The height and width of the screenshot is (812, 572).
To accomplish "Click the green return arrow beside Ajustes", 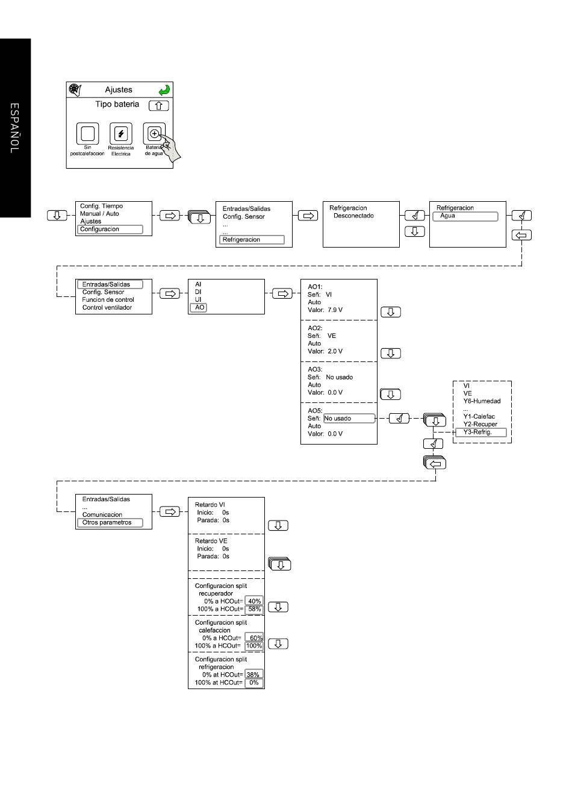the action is coord(164,90).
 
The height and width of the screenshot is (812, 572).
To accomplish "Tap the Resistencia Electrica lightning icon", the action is coord(120,133).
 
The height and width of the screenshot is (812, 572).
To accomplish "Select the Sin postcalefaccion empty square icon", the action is coord(87,133).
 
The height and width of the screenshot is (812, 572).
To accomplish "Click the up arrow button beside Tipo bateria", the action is coord(159,105).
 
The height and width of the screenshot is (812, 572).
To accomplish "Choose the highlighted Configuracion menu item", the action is coord(110,229).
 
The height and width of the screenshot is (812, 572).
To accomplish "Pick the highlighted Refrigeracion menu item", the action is coord(252,240).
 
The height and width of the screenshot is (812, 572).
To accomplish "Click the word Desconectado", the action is coord(353,216).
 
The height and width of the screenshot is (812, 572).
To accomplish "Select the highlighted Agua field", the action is coord(465,216).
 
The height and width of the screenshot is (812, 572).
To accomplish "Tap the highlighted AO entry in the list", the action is coord(198,307).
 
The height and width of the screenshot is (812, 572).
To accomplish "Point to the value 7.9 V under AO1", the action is coord(335,310).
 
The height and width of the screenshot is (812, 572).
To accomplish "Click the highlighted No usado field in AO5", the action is coord(349,418).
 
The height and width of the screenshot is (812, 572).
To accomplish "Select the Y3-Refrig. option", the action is coord(480,432).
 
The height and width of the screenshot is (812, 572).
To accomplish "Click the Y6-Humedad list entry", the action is coord(482,401).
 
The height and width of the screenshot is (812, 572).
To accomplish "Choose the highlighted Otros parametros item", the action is coord(110,522).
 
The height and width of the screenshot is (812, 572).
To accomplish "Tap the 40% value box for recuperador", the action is coord(254,601).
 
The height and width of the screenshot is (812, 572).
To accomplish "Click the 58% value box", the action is coord(254,609).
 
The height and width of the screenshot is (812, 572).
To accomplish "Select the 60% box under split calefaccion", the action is coord(254,638).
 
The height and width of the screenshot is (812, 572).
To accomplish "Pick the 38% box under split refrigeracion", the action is coord(254,675).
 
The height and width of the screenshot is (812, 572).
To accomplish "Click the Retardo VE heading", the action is coord(211,541).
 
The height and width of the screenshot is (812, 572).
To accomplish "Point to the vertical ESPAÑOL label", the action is coord(14,128).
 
